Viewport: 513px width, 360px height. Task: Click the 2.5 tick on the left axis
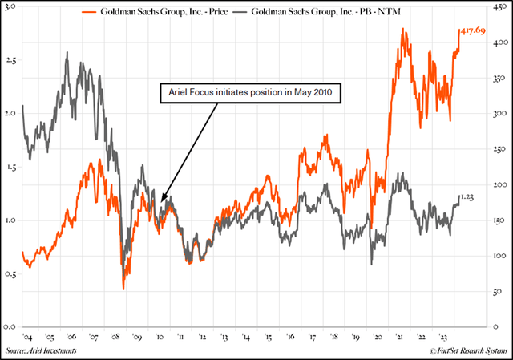[11, 60]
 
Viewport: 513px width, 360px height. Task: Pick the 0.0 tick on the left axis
[11, 327]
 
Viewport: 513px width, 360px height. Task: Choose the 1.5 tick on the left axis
[11, 167]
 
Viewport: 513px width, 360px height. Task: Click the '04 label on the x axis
[27, 338]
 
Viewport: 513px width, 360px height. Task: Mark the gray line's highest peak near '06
[67, 52]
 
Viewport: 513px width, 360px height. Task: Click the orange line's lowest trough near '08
[123, 289]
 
